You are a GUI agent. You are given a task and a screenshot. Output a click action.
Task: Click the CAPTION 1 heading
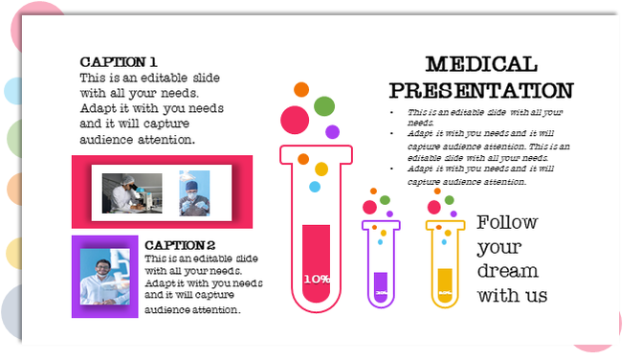pos(119,60)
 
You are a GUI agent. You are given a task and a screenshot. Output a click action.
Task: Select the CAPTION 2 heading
pos(180,245)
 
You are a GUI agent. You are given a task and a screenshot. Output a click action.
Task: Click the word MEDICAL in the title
pos(480,65)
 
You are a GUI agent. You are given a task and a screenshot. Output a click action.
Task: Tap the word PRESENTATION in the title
pos(481,91)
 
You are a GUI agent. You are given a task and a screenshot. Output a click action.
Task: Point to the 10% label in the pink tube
pos(317,279)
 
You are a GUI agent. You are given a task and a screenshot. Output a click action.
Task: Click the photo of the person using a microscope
pos(132,192)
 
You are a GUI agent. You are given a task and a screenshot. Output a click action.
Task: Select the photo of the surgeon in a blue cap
pos(194,192)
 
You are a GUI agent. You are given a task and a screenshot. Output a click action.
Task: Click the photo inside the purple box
pos(104,276)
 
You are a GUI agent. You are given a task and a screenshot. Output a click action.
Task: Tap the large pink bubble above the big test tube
pos(294,119)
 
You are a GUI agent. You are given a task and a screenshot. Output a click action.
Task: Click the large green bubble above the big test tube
pos(324,105)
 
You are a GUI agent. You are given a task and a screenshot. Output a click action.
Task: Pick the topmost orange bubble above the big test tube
pos(301,89)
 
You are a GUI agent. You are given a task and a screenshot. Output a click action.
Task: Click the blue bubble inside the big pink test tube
pos(315,187)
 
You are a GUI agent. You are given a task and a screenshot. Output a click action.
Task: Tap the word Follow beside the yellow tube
pos(507,222)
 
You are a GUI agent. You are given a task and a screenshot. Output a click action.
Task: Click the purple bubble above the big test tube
pos(332,131)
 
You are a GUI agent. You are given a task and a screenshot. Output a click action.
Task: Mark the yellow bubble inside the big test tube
pos(321,169)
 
